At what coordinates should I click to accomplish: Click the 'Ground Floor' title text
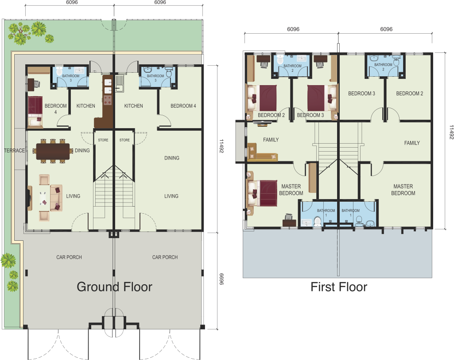(x=114, y=287)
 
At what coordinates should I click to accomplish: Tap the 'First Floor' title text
(x=339, y=287)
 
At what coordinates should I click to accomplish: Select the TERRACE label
(x=15, y=150)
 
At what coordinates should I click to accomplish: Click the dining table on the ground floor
(x=53, y=151)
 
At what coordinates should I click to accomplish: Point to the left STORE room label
(x=103, y=140)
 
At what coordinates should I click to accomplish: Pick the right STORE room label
(x=124, y=140)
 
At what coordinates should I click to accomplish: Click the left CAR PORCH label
(x=69, y=257)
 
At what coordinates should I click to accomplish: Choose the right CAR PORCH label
(x=165, y=257)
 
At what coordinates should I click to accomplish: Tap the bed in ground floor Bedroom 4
(x=35, y=112)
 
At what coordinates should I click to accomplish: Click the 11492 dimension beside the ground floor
(x=221, y=146)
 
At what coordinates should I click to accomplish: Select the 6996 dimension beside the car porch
(x=221, y=279)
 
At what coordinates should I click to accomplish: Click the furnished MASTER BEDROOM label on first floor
(x=291, y=190)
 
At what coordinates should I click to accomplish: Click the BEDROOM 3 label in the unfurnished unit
(x=361, y=94)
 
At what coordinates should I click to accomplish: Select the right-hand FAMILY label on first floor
(x=412, y=143)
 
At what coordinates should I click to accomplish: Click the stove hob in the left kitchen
(x=108, y=100)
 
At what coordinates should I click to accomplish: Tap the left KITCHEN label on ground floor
(x=85, y=106)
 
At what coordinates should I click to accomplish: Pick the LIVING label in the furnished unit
(x=73, y=196)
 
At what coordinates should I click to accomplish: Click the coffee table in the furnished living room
(x=44, y=198)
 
